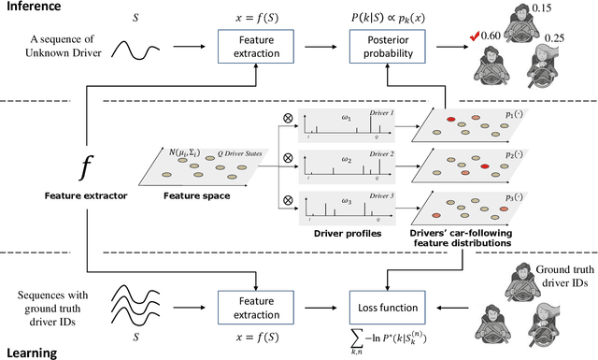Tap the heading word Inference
point(33,7)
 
